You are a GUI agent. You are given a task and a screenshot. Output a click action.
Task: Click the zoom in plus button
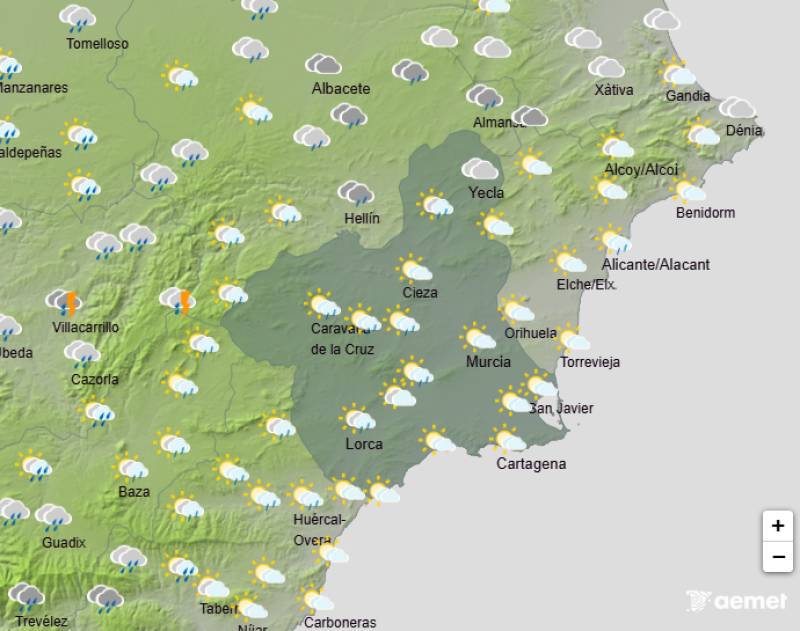tap(777, 525)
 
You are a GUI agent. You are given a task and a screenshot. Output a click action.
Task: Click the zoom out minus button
tap(777, 557)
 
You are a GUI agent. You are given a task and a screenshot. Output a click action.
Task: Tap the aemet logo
tap(736, 601)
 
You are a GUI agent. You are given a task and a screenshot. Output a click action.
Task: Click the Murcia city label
tap(488, 362)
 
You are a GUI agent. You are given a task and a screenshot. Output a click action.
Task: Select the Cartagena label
tap(531, 464)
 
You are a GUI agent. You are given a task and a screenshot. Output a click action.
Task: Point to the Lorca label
tap(364, 443)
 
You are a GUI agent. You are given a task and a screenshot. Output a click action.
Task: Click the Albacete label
tap(341, 88)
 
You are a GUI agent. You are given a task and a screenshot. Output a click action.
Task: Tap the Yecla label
tap(486, 193)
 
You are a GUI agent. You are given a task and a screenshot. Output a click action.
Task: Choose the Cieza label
tap(419, 293)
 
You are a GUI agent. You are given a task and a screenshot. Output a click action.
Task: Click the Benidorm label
tap(705, 213)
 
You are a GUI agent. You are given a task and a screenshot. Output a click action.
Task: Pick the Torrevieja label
tap(590, 362)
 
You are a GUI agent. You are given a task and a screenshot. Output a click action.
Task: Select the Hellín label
tap(360, 218)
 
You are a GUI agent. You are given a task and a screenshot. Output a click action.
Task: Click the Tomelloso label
tap(97, 44)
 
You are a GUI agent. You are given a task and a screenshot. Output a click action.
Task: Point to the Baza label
tap(134, 491)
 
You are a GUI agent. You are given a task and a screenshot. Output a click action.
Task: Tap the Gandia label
tap(687, 96)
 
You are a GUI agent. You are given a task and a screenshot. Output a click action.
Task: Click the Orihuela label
tap(531, 333)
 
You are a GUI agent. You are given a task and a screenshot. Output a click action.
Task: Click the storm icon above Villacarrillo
tap(63, 301)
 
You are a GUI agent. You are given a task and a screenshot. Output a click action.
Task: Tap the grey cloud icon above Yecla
tap(480, 168)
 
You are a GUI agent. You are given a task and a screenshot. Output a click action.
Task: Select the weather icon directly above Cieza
tap(414, 269)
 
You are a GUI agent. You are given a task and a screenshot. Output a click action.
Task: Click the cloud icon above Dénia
tap(737, 107)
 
